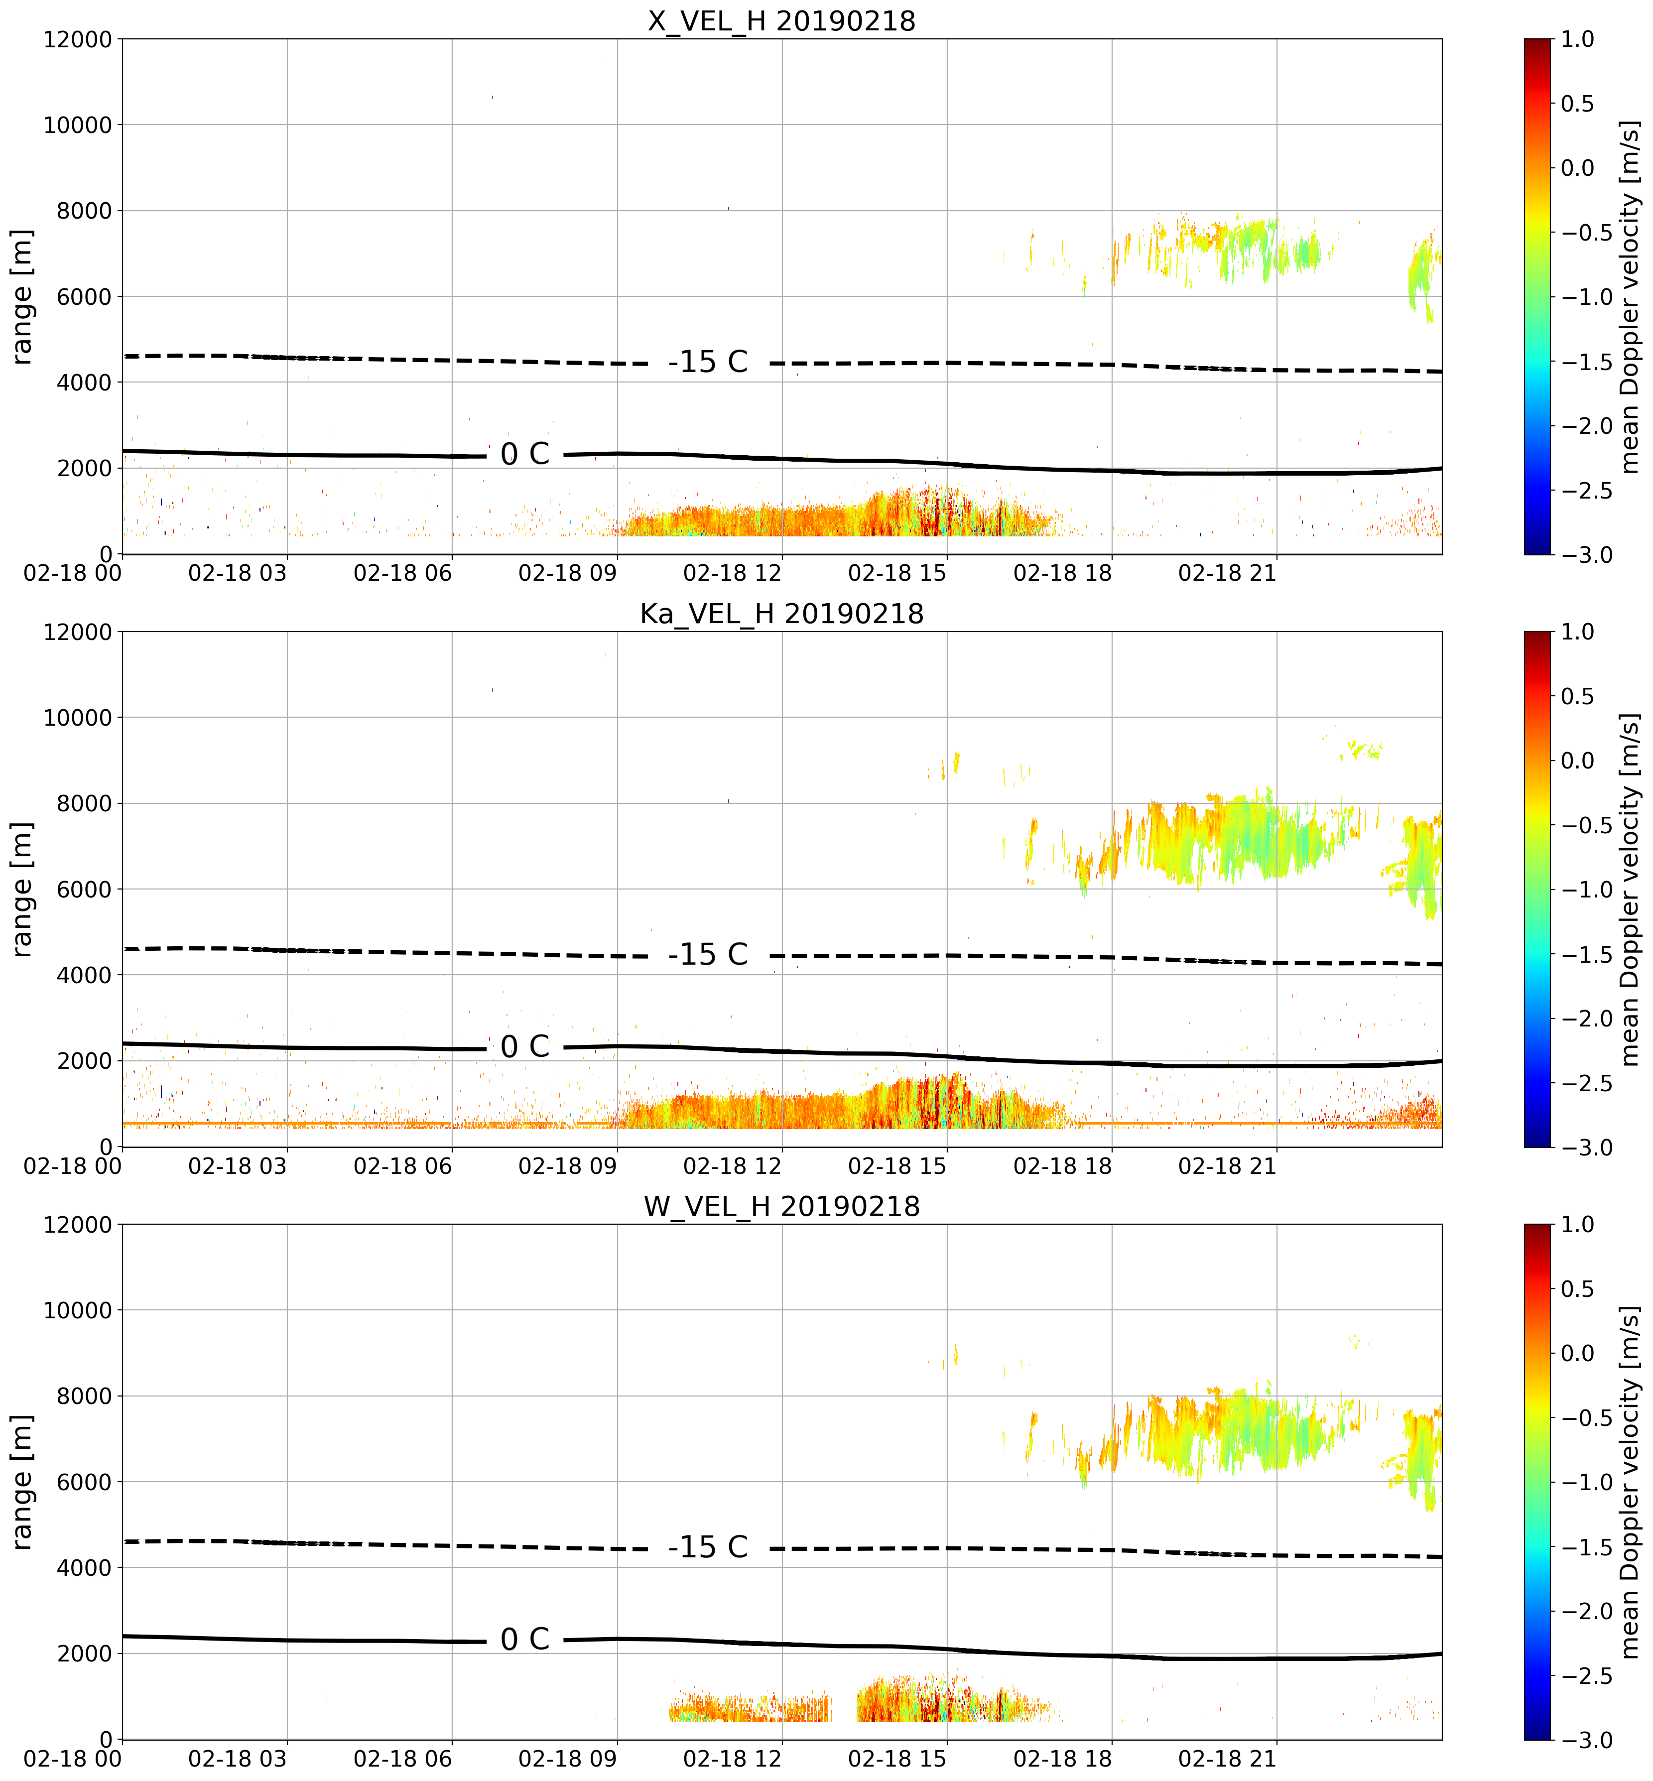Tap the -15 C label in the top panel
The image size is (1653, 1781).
click(x=708, y=362)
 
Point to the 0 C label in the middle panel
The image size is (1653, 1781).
click(x=525, y=1046)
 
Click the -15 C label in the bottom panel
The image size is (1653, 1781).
click(x=708, y=1547)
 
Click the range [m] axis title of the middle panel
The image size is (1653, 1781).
click(x=22, y=889)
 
